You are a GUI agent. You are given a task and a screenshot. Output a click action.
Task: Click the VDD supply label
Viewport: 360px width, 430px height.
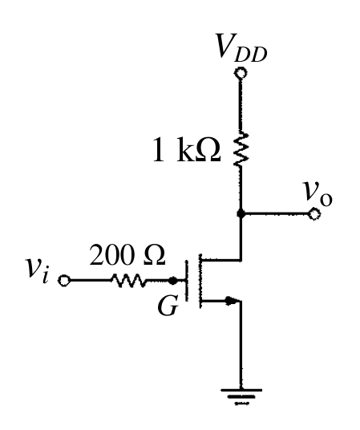click(x=241, y=47)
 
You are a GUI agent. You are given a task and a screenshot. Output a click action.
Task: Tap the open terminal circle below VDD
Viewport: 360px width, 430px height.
click(x=241, y=73)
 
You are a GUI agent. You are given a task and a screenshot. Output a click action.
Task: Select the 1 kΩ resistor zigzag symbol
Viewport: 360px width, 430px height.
click(x=241, y=148)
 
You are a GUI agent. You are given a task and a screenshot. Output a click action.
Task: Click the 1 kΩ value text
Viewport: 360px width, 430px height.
click(x=187, y=149)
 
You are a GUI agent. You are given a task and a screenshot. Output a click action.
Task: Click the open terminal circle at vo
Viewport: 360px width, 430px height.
click(x=314, y=213)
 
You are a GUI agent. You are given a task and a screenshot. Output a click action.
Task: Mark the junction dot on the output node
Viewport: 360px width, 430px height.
click(x=241, y=213)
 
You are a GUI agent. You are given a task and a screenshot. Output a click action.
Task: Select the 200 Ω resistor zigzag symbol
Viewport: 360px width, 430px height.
click(x=128, y=281)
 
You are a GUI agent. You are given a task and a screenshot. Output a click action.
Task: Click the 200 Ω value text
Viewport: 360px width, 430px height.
click(x=127, y=255)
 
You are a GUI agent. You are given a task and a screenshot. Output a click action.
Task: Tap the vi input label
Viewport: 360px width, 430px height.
click(x=38, y=270)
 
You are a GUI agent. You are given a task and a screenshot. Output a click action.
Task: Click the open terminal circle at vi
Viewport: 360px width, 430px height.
click(x=64, y=281)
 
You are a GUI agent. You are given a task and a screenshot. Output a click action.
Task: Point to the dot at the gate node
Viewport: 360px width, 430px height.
click(x=172, y=281)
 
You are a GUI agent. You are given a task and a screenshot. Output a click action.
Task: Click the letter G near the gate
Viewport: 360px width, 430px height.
click(x=168, y=306)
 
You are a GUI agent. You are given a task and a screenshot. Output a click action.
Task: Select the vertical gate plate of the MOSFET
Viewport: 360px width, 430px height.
click(x=187, y=281)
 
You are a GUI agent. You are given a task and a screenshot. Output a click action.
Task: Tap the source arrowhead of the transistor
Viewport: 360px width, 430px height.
click(x=231, y=301)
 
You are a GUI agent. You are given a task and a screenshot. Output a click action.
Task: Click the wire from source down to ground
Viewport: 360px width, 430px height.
click(x=241, y=345)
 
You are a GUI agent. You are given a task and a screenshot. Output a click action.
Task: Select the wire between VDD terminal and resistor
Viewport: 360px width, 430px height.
click(x=241, y=105)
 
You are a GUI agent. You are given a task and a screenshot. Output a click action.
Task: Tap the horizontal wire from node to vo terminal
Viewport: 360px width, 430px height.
click(x=277, y=213)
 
